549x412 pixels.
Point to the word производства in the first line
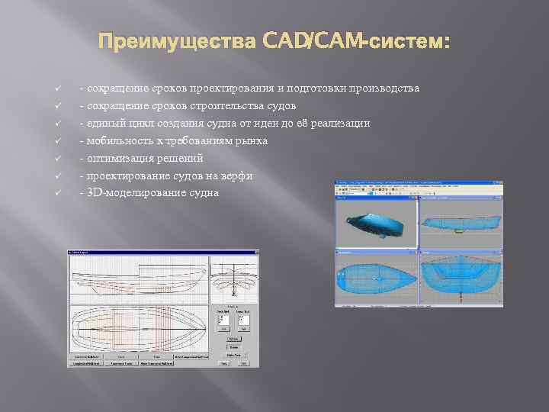[384, 89]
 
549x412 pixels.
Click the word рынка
[252, 141]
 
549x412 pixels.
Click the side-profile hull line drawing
[137, 278]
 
